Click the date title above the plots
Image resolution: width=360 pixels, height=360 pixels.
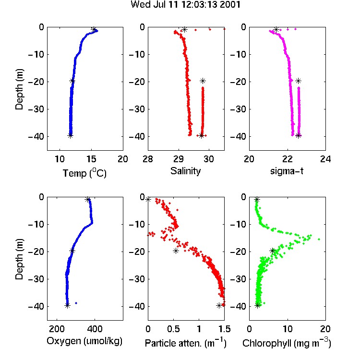click(x=185, y=5)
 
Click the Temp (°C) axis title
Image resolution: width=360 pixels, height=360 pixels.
click(x=84, y=173)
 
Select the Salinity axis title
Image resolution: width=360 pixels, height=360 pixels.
click(x=185, y=171)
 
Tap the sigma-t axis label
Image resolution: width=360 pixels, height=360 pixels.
click(x=287, y=171)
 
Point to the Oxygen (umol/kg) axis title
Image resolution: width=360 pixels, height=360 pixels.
click(x=84, y=341)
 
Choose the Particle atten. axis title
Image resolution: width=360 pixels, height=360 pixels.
click(x=186, y=343)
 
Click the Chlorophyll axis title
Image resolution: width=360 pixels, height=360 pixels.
click(x=287, y=343)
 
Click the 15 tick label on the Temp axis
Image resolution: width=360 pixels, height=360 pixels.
click(x=91, y=159)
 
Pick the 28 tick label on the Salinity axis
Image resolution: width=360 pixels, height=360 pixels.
click(x=148, y=159)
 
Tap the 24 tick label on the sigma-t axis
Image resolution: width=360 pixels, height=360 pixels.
click(x=325, y=159)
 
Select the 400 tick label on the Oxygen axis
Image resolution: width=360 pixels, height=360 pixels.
click(x=95, y=329)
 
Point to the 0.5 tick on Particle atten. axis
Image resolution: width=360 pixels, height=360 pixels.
click(x=173, y=329)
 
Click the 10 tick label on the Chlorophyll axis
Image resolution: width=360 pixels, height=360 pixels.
click(x=288, y=329)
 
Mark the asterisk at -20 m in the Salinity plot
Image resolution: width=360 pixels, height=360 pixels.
click(x=203, y=81)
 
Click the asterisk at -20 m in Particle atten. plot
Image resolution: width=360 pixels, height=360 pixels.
click(x=176, y=251)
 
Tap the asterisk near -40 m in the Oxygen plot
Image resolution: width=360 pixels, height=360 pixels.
click(x=67, y=306)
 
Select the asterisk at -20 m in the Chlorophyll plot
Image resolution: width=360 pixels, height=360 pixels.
click(x=273, y=251)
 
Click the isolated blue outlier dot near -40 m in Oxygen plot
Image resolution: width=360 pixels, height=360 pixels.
click(x=76, y=303)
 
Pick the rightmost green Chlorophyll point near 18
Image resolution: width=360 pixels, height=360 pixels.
click(x=319, y=239)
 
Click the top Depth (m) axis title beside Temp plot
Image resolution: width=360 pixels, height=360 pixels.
click(x=19, y=89)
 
